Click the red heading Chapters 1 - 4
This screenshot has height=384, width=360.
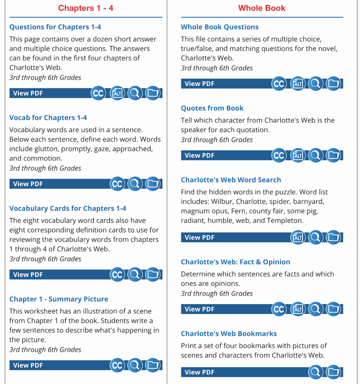(86, 8)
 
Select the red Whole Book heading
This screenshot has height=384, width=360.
(261, 8)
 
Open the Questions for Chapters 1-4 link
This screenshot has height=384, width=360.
(55, 27)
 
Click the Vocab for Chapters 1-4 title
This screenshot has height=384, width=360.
(48, 118)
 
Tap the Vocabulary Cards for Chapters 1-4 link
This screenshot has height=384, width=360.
(67, 208)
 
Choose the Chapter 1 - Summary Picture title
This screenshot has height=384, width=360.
(58, 299)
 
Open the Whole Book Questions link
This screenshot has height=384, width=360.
(219, 27)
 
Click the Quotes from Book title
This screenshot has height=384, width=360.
(212, 108)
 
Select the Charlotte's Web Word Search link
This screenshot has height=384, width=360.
(231, 180)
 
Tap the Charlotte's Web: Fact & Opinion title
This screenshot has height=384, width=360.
(235, 262)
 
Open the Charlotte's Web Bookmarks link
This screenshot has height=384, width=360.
(229, 334)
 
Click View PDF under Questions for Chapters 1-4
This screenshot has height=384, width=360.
(28, 93)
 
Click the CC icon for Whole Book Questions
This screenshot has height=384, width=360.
(279, 84)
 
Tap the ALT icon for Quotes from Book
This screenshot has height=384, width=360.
(298, 155)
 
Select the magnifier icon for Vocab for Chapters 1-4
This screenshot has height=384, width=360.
(135, 184)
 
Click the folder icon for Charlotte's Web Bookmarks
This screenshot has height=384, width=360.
(334, 372)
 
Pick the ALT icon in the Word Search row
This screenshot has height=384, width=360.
(298, 237)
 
